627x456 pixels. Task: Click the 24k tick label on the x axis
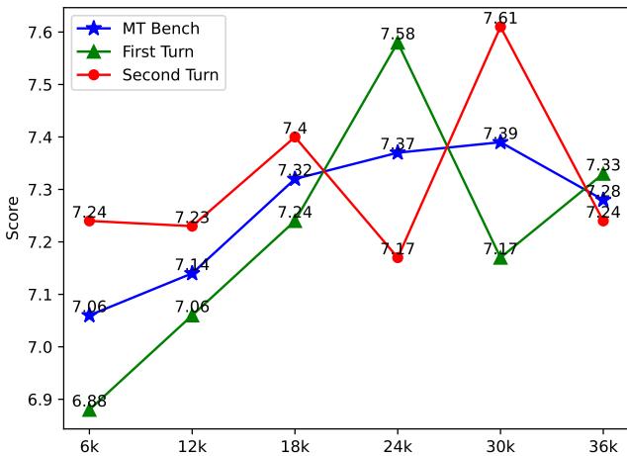coord(398,446)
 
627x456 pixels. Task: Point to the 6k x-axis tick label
coord(89,446)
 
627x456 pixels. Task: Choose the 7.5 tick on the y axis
coord(42,85)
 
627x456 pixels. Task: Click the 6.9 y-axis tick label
coord(42,400)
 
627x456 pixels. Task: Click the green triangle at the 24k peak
coord(398,43)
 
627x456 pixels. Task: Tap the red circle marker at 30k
coord(500,27)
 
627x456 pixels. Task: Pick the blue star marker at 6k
coord(89,316)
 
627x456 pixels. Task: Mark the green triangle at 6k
coord(89,410)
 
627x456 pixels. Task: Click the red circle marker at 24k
coord(398,257)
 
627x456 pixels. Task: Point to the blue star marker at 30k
coord(500,142)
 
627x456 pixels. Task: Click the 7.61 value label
coord(500,18)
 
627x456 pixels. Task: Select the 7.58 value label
coord(398,34)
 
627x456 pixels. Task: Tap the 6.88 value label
coord(89,401)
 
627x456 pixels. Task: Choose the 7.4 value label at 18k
coord(295,128)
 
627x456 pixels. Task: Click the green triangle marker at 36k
coord(603,174)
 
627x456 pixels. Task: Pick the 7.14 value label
coord(192,265)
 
